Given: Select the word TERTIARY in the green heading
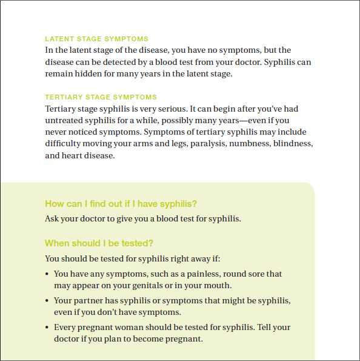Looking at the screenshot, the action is point(64,97).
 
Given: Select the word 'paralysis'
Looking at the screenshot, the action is point(208,144).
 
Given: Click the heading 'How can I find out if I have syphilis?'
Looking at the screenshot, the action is point(121,204).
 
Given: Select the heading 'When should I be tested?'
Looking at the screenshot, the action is point(99,243).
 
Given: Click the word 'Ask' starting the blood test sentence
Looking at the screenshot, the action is point(52,218).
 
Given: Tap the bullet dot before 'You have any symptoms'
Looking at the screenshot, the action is point(47,274).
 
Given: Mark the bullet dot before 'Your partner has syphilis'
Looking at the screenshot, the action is point(47,301).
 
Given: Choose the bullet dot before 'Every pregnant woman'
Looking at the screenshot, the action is point(47,328).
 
